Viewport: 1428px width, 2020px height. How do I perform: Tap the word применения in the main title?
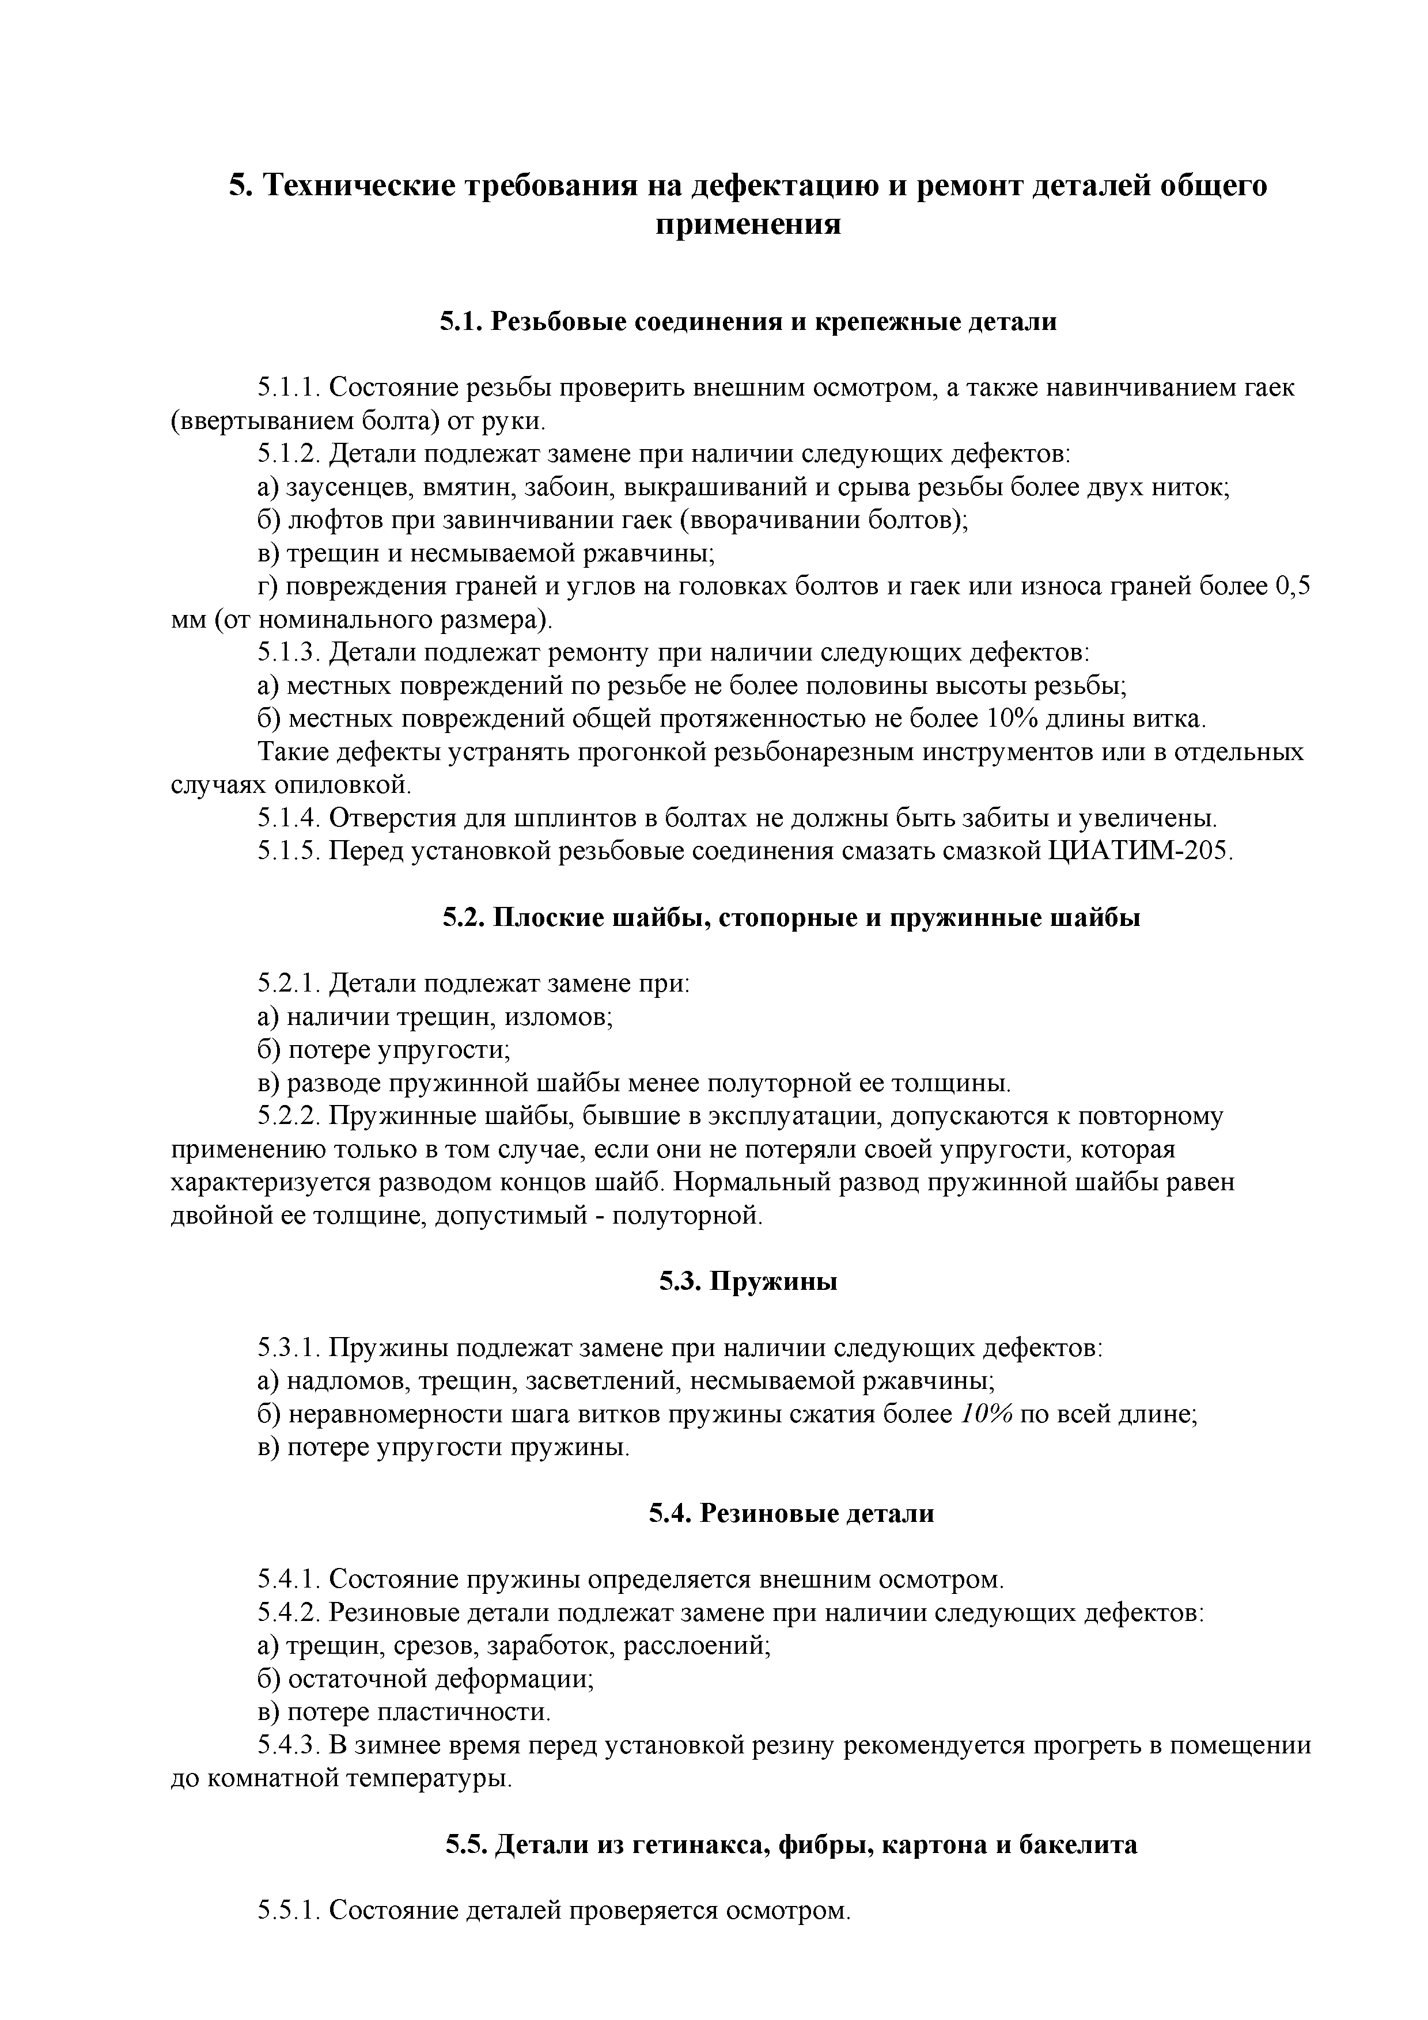coord(748,225)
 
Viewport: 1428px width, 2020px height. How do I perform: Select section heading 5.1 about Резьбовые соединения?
coord(748,322)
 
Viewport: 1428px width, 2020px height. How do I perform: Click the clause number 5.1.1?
coord(290,388)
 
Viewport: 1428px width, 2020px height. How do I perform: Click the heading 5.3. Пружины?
coord(748,1282)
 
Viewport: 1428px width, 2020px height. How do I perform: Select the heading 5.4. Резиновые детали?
coord(791,1513)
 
